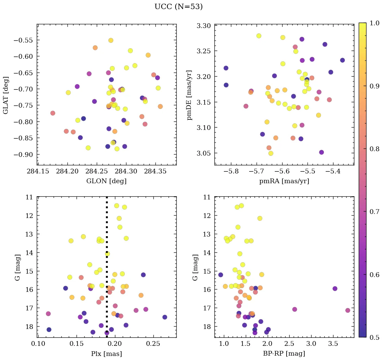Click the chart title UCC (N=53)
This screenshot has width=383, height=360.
click(x=178, y=7)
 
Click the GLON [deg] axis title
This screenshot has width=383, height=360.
click(x=107, y=181)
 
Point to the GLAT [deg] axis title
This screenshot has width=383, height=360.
click(x=6, y=95)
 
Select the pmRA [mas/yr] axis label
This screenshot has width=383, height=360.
click(x=284, y=181)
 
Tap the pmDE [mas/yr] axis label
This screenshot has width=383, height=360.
click(x=189, y=95)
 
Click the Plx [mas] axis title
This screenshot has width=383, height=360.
click(x=107, y=354)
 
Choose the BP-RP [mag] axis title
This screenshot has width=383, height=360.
click(x=284, y=354)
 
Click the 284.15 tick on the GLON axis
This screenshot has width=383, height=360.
click(x=38, y=172)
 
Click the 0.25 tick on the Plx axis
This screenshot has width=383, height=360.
click(x=153, y=344)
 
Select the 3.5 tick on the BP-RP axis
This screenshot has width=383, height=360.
click(x=333, y=344)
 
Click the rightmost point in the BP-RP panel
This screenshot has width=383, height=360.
click(x=348, y=310)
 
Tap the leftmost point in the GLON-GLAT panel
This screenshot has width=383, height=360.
click(x=53, y=113)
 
